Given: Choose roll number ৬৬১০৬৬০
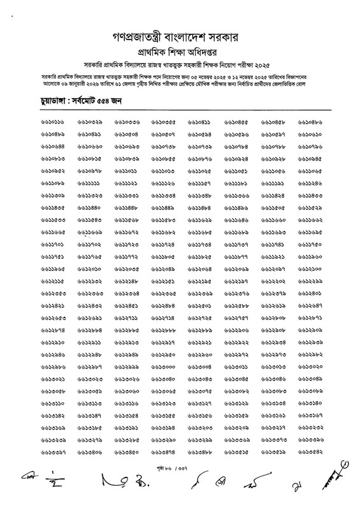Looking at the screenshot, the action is tap(90, 147).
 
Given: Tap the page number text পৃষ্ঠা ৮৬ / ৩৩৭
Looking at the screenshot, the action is tap(180, 470).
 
